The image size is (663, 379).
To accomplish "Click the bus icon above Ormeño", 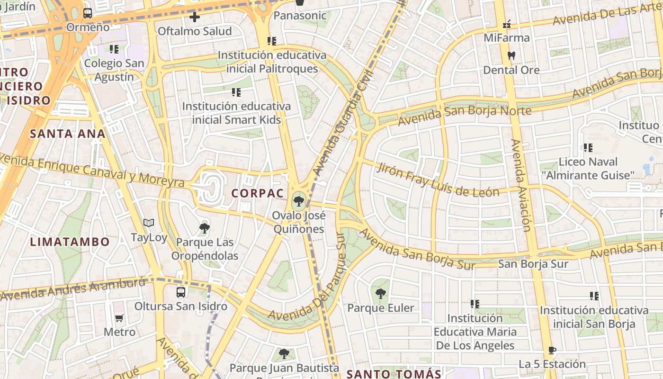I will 88,13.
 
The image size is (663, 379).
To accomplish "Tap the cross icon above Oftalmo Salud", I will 194,18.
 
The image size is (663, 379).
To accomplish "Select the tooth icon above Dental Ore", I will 511,55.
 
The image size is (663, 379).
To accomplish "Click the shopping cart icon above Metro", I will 119,318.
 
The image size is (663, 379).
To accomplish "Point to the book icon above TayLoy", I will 149,223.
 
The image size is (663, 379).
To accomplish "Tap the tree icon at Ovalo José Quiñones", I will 298,201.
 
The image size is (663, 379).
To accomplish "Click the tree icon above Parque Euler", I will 380,294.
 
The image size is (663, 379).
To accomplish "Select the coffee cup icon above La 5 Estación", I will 552,351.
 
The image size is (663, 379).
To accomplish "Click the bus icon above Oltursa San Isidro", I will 181,292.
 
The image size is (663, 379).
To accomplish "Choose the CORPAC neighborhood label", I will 258,193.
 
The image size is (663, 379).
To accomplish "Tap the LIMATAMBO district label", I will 70,242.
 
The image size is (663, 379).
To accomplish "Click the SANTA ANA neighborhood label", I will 68,134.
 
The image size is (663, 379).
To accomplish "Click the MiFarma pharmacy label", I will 506,37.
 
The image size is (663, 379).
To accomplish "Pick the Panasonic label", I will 300,16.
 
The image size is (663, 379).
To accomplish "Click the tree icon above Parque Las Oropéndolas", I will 204,228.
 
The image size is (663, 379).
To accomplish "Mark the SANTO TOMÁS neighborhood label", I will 394,374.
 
